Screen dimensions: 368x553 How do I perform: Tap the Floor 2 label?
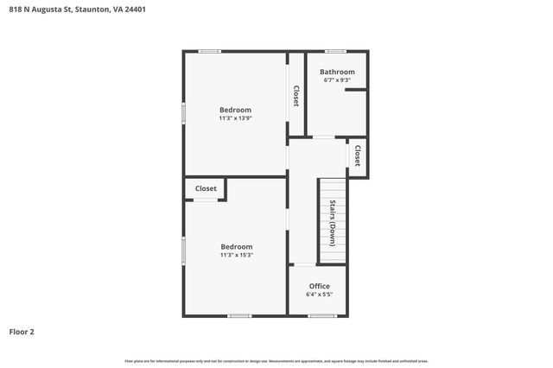coord(22,331)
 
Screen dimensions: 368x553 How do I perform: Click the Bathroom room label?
coord(337,72)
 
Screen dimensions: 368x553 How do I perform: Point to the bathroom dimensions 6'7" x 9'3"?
coord(337,80)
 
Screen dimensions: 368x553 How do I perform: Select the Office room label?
coord(319,286)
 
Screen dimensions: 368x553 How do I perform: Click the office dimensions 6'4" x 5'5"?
coord(319,295)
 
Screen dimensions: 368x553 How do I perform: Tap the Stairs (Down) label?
coord(332,223)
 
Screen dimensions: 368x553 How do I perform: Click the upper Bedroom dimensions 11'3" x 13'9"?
coord(235,118)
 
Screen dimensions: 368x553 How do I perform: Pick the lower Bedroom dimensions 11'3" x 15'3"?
coord(236,255)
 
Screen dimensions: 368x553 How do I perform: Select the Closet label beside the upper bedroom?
coord(296,95)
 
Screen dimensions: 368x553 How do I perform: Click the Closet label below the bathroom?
coord(356,155)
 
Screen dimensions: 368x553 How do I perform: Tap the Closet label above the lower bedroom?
coord(206,188)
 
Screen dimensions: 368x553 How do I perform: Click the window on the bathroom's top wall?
coord(335,51)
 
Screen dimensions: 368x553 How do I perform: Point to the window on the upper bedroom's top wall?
coord(209,51)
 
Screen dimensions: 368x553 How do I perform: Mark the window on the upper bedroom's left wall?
coord(183,113)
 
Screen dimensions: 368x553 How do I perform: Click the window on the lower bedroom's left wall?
coord(183,250)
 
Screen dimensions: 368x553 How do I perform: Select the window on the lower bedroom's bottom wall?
coord(239,315)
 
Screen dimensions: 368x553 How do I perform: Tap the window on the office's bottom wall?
coord(321,315)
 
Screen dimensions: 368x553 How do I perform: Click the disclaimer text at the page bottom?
coord(276,360)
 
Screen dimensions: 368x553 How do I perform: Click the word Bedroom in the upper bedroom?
coord(235,110)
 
